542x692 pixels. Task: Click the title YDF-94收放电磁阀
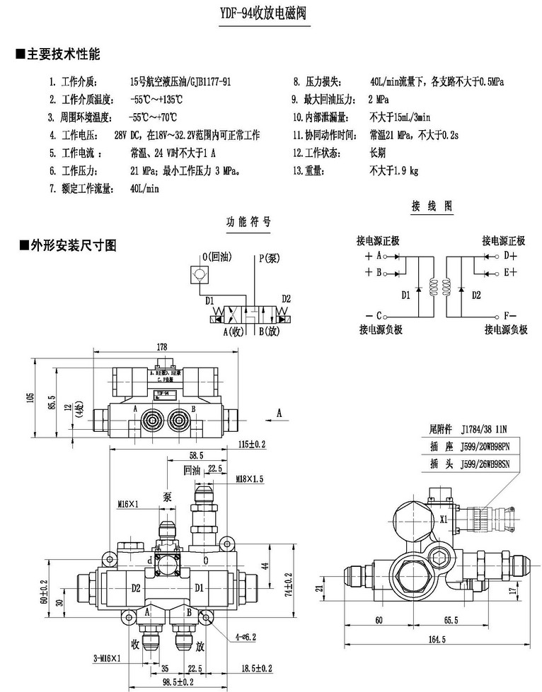tap(272, 14)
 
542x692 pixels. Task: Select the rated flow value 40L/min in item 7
tap(145, 189)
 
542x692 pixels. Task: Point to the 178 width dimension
tap(162, 346)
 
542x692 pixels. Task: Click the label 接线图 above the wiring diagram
tap(431, 206)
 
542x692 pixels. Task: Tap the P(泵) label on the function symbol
tap(268, 258)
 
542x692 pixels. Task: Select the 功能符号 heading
tap(248, 221)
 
